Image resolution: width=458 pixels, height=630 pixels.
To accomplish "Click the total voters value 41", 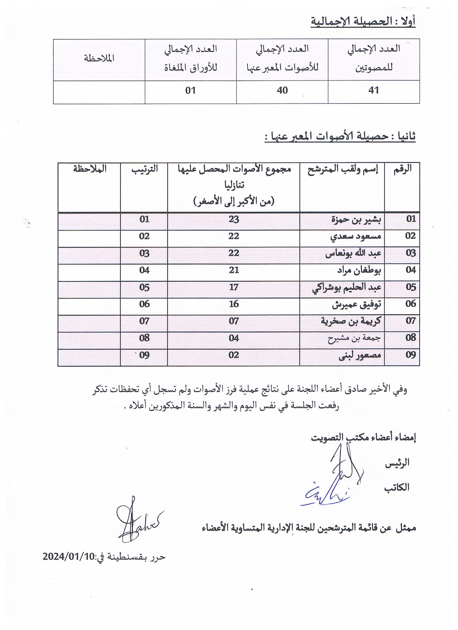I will click(373, 90).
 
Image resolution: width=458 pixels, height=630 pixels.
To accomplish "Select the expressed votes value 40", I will click(282, 90).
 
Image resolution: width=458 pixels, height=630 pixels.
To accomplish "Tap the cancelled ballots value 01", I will click(190, 90).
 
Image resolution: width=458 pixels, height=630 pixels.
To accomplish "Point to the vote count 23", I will click(234, 219).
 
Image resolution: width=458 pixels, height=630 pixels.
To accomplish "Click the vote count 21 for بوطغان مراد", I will click(234, 270).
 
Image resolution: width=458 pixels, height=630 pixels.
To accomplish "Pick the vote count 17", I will click(234, 287).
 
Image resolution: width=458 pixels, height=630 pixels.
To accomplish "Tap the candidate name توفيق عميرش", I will click(357, 304).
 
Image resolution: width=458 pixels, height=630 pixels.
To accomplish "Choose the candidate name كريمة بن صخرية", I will click(351, 321).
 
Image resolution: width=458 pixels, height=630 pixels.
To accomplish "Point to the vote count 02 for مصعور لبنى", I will click(234, 355).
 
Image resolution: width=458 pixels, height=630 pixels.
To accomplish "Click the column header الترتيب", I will click(144, 169).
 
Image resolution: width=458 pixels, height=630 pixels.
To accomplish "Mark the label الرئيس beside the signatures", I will click(397, 463).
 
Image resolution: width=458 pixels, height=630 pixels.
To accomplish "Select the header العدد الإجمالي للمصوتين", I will click(374, 58).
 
